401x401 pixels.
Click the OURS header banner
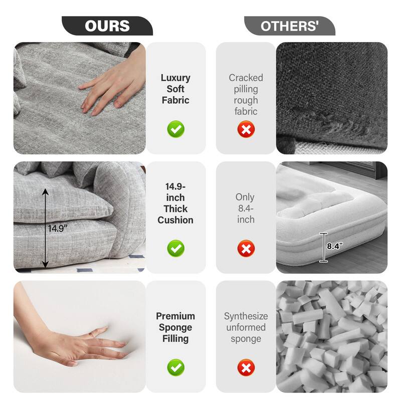pos(107,26)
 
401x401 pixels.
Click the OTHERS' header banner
pos(290,26)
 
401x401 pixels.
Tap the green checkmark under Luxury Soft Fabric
pos(175,129)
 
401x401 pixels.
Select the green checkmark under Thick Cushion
pos(175,248)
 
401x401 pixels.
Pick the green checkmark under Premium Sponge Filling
pos(175,367)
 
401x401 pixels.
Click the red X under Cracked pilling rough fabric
pos(246,129)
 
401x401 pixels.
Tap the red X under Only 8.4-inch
pos(246,248)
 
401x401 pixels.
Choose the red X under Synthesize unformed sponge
pos(246,367)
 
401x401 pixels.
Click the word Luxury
pos(175,78)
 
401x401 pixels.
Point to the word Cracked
pos(246,78)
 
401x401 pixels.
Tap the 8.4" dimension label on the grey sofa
pos(335,246)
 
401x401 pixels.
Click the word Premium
pos(175,316)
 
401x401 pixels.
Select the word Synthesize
pos(246,316)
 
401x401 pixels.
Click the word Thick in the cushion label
pos(175,209)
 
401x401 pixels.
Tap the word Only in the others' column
pos(245,197)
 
